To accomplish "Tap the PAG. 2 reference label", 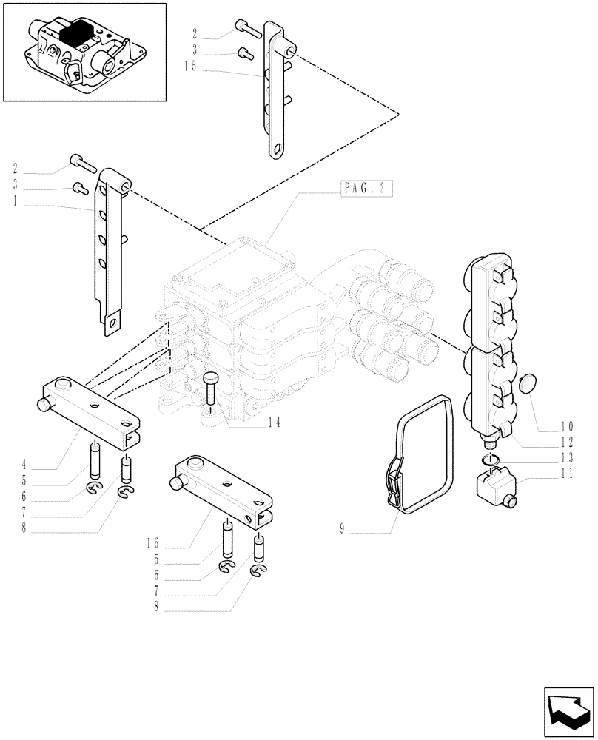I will tap(366, 188).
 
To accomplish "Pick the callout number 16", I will tap(152, 542).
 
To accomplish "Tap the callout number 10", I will tap(567, 426).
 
